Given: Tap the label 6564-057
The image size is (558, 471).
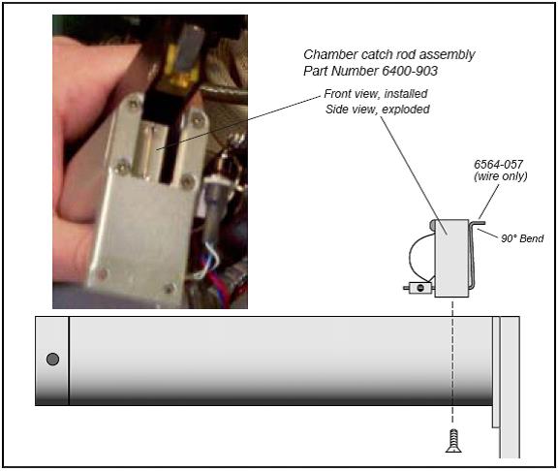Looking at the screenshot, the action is point(498,165).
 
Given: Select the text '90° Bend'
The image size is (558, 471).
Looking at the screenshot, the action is point(522,238).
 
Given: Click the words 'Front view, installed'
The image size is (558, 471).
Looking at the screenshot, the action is point(376,94).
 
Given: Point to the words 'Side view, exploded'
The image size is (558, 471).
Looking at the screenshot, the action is point(377,110).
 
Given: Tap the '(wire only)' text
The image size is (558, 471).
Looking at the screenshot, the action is point(500,176).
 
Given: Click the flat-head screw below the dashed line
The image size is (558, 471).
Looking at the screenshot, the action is point(453,441).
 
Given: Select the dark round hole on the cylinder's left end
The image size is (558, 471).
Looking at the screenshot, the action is point(52,360).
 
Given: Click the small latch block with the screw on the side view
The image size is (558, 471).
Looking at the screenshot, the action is point(419,288).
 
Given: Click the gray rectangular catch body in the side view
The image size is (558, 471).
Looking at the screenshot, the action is point(451,258).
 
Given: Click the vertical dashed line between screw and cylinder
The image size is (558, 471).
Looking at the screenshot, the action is point(452,362).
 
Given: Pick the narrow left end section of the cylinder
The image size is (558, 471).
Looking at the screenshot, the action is point(52,361).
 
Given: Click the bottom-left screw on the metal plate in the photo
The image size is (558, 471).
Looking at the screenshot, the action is point(103,273).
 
